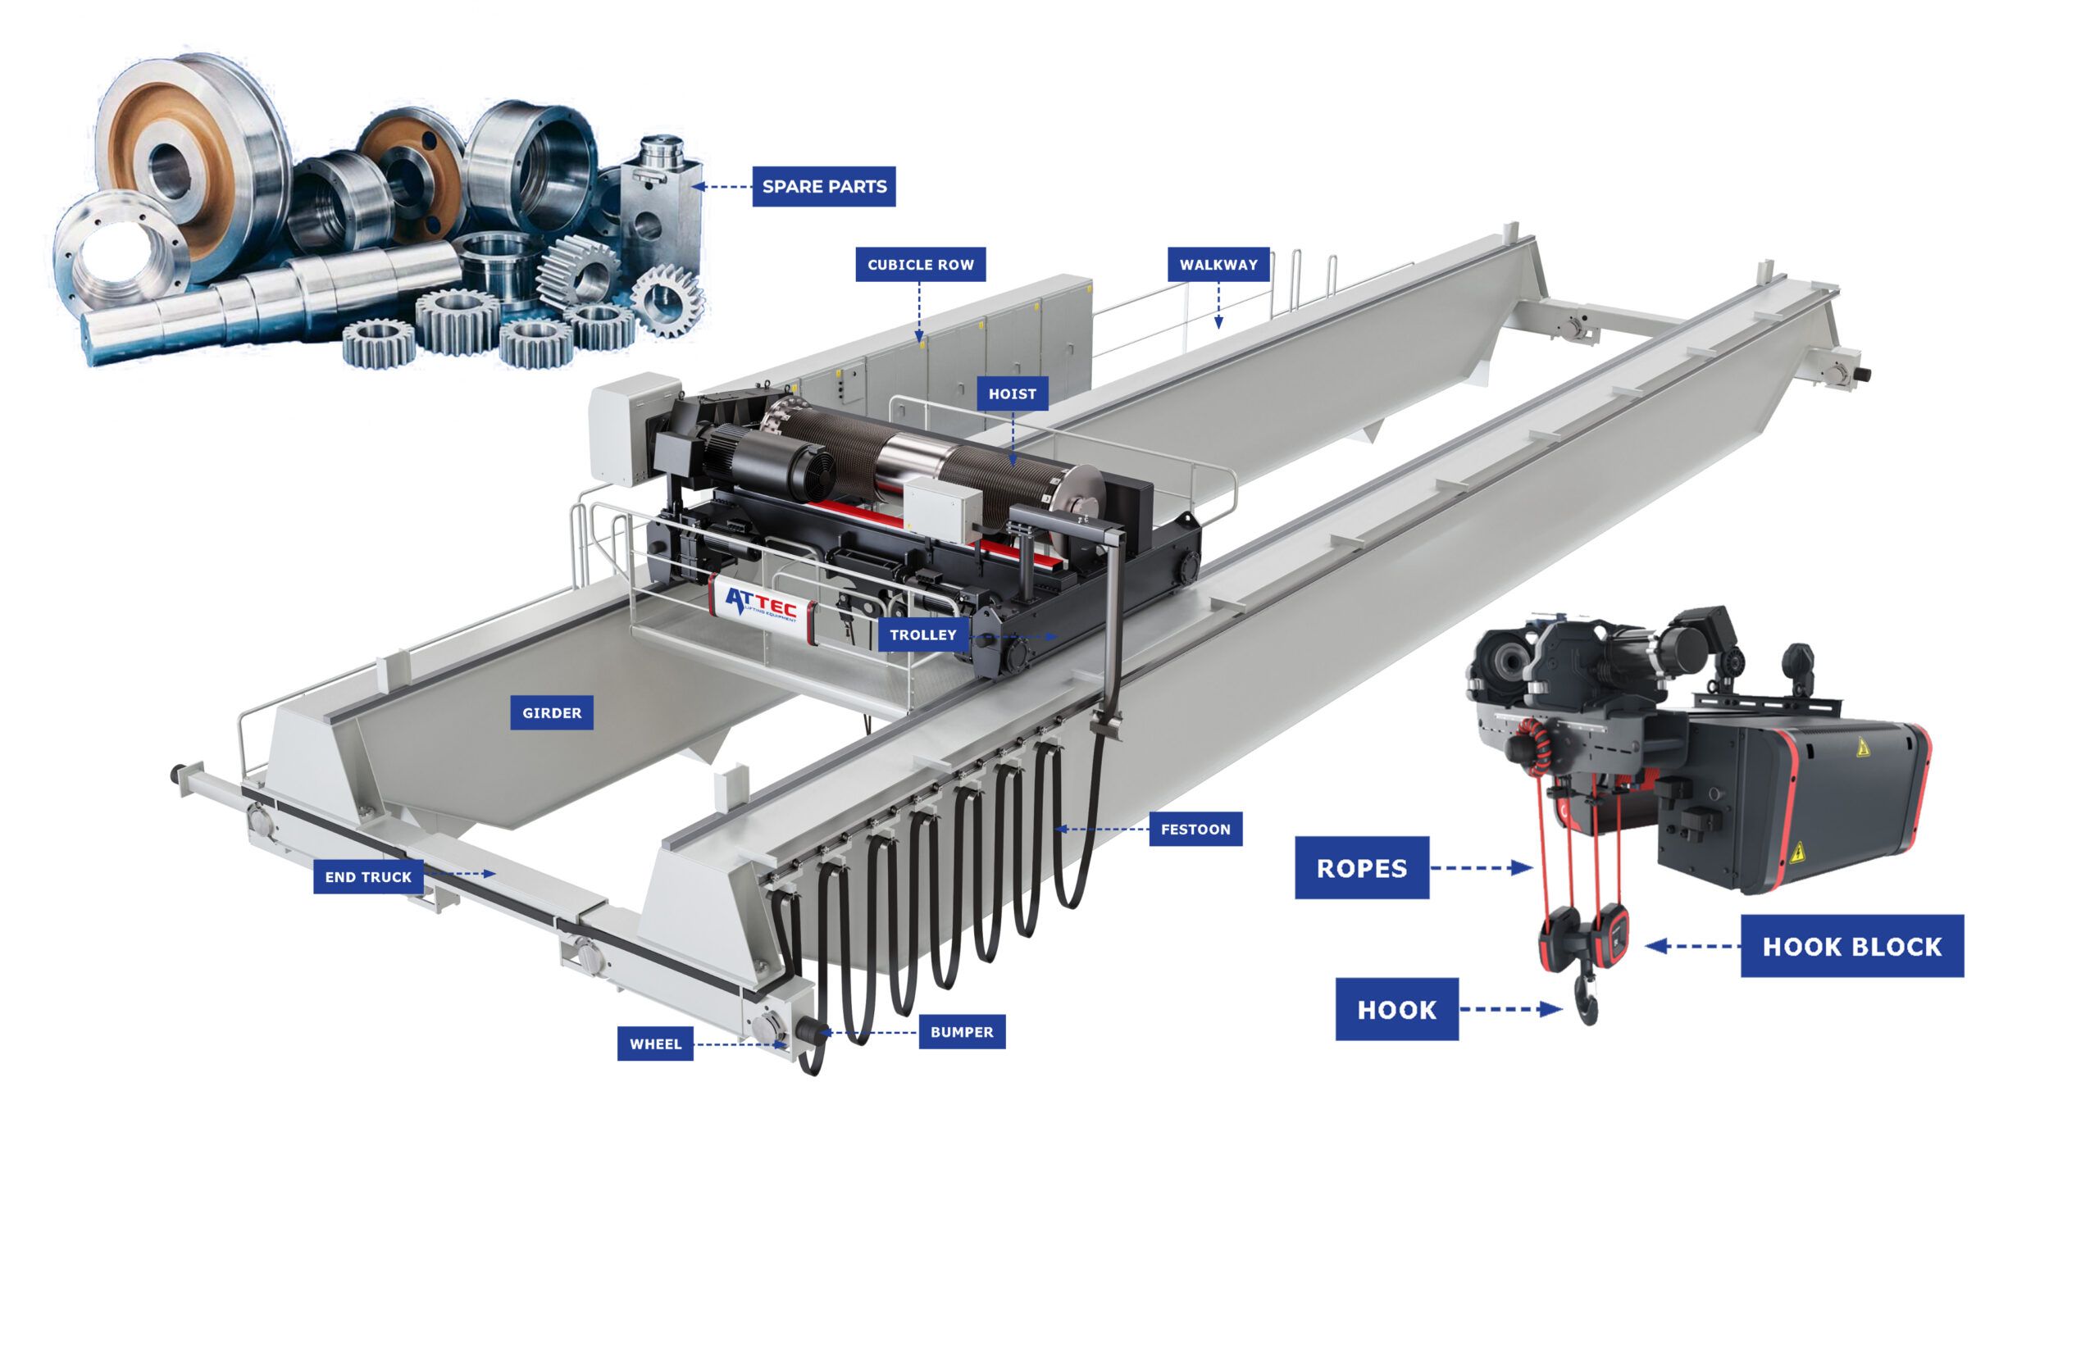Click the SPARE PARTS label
[x=823, y=187]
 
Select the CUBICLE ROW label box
[x=921, y=264]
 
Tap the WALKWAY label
[x=1218, y=264]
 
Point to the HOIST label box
[x=1012, y=393]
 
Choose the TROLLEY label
[x=922, y=634]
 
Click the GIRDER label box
[x=552, y=712]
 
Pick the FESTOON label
[x=1195, y=829]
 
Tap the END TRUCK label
[x=368, y=876]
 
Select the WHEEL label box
[x=655, y=1044]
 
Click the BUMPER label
[x=961, y=1031]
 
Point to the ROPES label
[x=1362, y=867]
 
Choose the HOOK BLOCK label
[x=1851, y=946]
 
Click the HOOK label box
[x=1396, y=1009]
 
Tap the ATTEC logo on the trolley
[x=760, y=604]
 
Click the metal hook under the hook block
[x=1587, y=999]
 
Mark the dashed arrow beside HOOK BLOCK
[x=1692, y=946]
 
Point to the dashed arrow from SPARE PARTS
[x=721, y=187]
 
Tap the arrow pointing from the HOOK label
[x=1510, y=1009]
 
